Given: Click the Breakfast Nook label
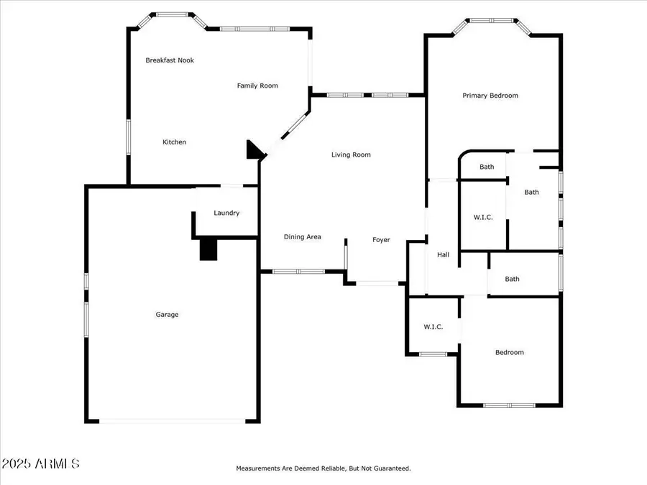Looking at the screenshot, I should point(170,60).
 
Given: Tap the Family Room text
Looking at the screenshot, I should point(257,86).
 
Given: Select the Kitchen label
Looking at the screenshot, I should point(174,142).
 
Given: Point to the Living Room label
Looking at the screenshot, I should point(351,154).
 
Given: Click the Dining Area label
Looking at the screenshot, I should point(302,237).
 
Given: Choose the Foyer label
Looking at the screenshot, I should point(381,240).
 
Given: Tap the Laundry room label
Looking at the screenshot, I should point(226,213).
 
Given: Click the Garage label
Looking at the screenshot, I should point(167,315).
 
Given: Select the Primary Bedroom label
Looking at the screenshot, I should point(490,96).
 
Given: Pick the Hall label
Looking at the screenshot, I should point(443,255).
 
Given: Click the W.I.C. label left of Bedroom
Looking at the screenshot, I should point(433,327).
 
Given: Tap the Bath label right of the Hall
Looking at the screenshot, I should point(512,280).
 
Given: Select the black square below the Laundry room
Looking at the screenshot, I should point(208,249).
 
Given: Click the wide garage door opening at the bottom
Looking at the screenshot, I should point(173,421).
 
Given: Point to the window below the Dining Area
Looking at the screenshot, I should point(298,272).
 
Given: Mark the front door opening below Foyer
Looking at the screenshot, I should point(378,284).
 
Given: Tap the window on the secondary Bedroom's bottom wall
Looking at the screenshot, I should point(509,405).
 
